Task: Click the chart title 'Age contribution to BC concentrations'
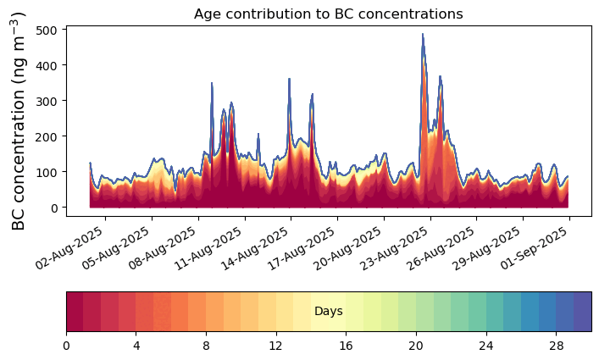pyautogui.click(x=329, y=14)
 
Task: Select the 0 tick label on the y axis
pyautogui.click(x=53, y=208)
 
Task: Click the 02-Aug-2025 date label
pyautogui.click(x=69, y=248)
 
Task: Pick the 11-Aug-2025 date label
pyautogui.click(x=208, y=248)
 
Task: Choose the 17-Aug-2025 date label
pyautogui.click(x=302, y=248)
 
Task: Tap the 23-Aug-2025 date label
pyautogui.click(x=395, y=248)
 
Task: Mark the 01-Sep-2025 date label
pyautogui.click(x=535, y=248)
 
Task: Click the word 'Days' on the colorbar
pyautogui.click(x=329, y=312)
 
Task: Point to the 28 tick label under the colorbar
pyautogui.click(x=556, y=346)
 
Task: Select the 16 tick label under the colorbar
pyautogui.click(x=347, y=346)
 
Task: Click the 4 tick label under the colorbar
pyautogui.click(x=136, y=346)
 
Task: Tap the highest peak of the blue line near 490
pyautogui.click(x=423, y=34)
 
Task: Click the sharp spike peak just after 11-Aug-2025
pyautogui.click(x=212, y=83)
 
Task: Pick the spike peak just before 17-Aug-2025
pyautogui.click(x=289, y=79)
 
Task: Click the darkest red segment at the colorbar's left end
pyautogui.click(x=75, y=312)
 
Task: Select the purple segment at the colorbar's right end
pyautogui.click(x=583, y=312)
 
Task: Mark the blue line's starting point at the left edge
pyautogui.click(x=90, y=163)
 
